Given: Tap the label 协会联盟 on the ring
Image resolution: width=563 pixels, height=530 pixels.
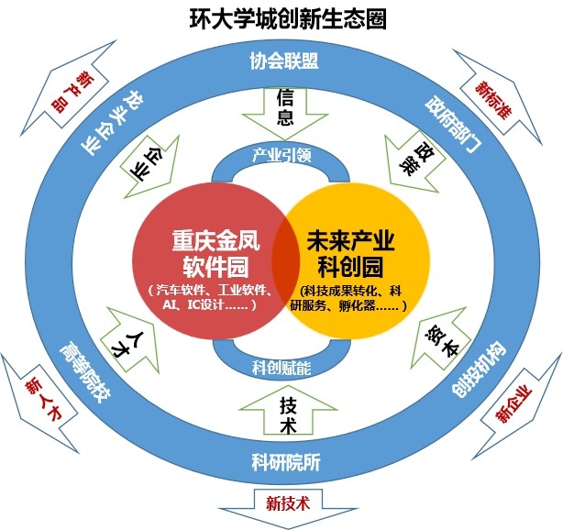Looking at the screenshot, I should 283,61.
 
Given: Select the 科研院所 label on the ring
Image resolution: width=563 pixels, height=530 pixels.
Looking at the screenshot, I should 283,463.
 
